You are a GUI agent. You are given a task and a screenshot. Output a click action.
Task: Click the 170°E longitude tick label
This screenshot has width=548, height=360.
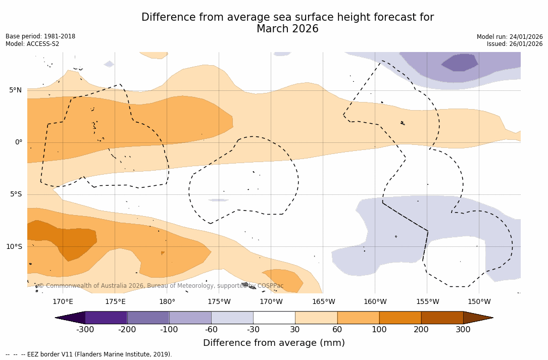coord(63,302)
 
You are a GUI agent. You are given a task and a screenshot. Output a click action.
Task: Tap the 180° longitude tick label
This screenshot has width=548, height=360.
coord(167,302)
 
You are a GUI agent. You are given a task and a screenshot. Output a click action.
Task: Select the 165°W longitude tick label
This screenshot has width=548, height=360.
coord(323,302)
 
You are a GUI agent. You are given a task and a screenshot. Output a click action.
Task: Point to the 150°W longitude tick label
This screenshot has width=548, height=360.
coord(479,302)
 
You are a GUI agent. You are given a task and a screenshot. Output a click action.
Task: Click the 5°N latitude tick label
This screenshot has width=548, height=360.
coord(15,90)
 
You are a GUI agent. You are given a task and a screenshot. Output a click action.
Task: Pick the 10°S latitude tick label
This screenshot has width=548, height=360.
coord(14,247)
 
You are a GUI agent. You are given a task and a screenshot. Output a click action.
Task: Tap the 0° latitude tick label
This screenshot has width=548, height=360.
coord(18,142)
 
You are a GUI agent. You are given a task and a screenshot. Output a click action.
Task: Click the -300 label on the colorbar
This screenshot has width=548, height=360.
coord(85,330)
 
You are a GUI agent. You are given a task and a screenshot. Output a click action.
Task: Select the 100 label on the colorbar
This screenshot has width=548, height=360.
coord(379,330)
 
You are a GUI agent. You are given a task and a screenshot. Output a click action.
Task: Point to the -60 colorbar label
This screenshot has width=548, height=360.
coord(211,330)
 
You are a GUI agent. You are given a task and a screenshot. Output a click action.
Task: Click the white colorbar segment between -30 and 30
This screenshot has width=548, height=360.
coord(274,318)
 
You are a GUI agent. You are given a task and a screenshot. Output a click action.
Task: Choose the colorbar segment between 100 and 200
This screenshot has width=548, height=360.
coord(400,318)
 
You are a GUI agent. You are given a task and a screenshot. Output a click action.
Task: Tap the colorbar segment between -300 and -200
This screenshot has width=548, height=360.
coord(106,318)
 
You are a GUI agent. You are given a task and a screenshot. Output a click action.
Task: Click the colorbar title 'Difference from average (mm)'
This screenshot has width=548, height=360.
coord(274,343)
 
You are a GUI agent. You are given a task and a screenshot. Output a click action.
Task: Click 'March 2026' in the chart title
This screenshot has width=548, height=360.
coord(287,29)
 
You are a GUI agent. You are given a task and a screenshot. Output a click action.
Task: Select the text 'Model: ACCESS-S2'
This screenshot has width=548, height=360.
coord(32,44)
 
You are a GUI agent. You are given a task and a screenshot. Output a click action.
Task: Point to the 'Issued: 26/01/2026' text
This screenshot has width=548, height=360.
coord(515,44)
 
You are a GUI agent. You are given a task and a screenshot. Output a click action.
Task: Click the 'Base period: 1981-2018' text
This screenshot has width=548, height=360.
coord(40,36)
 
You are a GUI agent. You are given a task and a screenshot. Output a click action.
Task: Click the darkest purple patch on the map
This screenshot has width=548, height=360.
coord(460,63)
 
